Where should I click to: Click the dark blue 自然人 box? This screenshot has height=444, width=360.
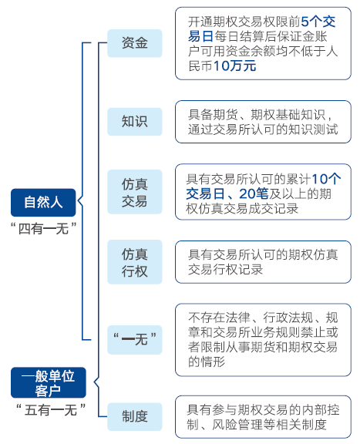[x=43, y=203]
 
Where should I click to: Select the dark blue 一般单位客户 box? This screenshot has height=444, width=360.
[x=48, y=382]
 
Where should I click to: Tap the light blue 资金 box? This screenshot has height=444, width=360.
[x=135, y=43]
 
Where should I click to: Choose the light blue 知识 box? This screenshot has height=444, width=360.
[x=135, y=122]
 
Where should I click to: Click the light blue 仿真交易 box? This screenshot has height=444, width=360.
[x=135, y=192]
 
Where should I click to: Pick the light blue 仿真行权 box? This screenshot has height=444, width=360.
[x=135, y=262]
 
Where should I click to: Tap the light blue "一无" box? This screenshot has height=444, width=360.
[x=135, y=340]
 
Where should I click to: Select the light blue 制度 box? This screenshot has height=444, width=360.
[x=135, y=416]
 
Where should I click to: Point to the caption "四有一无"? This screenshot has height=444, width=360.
[x=43, y=228]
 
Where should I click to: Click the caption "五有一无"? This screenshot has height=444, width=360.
[x=51, y=410]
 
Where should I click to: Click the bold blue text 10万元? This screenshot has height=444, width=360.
[x=235, y=66]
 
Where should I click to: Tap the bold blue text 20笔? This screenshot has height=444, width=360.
[x=254, y=194]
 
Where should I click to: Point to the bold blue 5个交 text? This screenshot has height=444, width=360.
[x=318, y=22]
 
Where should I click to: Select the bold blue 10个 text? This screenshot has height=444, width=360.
[x=326, y=179]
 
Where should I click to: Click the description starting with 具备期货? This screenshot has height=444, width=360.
[x=263, y=122]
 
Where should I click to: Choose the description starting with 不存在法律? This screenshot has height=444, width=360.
[x=263, y=340]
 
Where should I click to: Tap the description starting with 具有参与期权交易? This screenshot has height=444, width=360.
[x=263, y=417]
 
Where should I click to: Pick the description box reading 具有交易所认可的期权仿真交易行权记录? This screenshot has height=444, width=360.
[x=263, y=262]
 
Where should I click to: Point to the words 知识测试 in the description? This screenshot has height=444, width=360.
[x=313, y=129]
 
